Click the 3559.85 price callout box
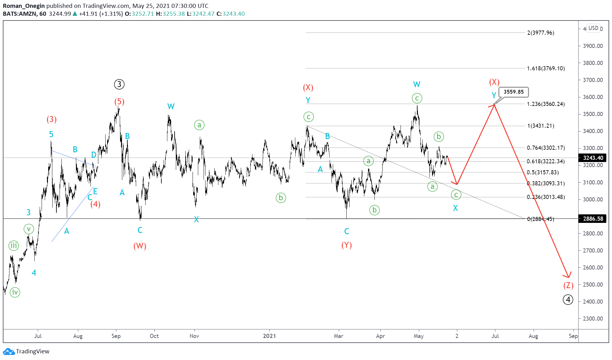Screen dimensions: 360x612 tap(513, 92)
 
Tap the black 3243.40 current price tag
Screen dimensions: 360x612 tap(593, 158)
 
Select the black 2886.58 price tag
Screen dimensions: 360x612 tap(593, 219)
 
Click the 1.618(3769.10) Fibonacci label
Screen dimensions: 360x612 tap(546, 68)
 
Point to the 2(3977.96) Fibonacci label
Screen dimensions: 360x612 tap(540, 33)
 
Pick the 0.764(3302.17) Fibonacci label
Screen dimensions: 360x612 tap(546, 148)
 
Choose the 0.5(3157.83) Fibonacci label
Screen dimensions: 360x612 tap(543, 172)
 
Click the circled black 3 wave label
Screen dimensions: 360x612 tap(119, 84)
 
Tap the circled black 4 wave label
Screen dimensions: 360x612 tap(568, 299)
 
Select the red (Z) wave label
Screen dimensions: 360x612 tap(568, 286)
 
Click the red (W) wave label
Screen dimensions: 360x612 tap(140, 246)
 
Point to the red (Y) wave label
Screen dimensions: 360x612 tap(347, 245)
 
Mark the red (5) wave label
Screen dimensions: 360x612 tap(119, 102)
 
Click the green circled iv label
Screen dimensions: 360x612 tap(15, 292)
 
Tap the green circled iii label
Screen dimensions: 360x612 tap(14, 245)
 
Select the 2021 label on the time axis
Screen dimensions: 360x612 tap(269, 336)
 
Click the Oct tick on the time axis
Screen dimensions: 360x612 tap(154, 336)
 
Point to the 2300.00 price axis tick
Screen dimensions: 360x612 tap(593, 319)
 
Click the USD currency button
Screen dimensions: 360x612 tap(593, 28)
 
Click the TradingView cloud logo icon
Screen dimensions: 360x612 tap(9, 351)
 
